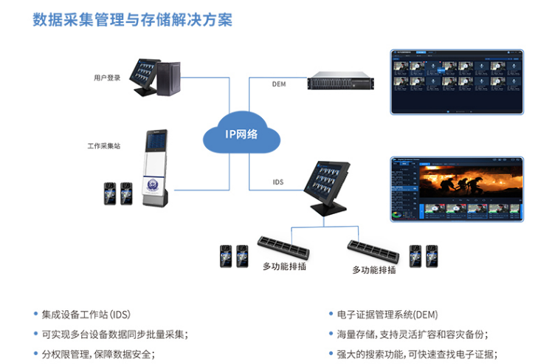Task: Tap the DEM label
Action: [278, 85]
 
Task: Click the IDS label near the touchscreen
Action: [278, 182]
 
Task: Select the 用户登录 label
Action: [107, 78]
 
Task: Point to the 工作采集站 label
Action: [104, 146]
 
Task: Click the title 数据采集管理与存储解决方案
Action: [132, 19]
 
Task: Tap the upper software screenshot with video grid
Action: [456, 81]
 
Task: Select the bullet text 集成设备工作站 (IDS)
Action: [86, 315]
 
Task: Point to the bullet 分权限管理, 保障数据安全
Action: [98, 353]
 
